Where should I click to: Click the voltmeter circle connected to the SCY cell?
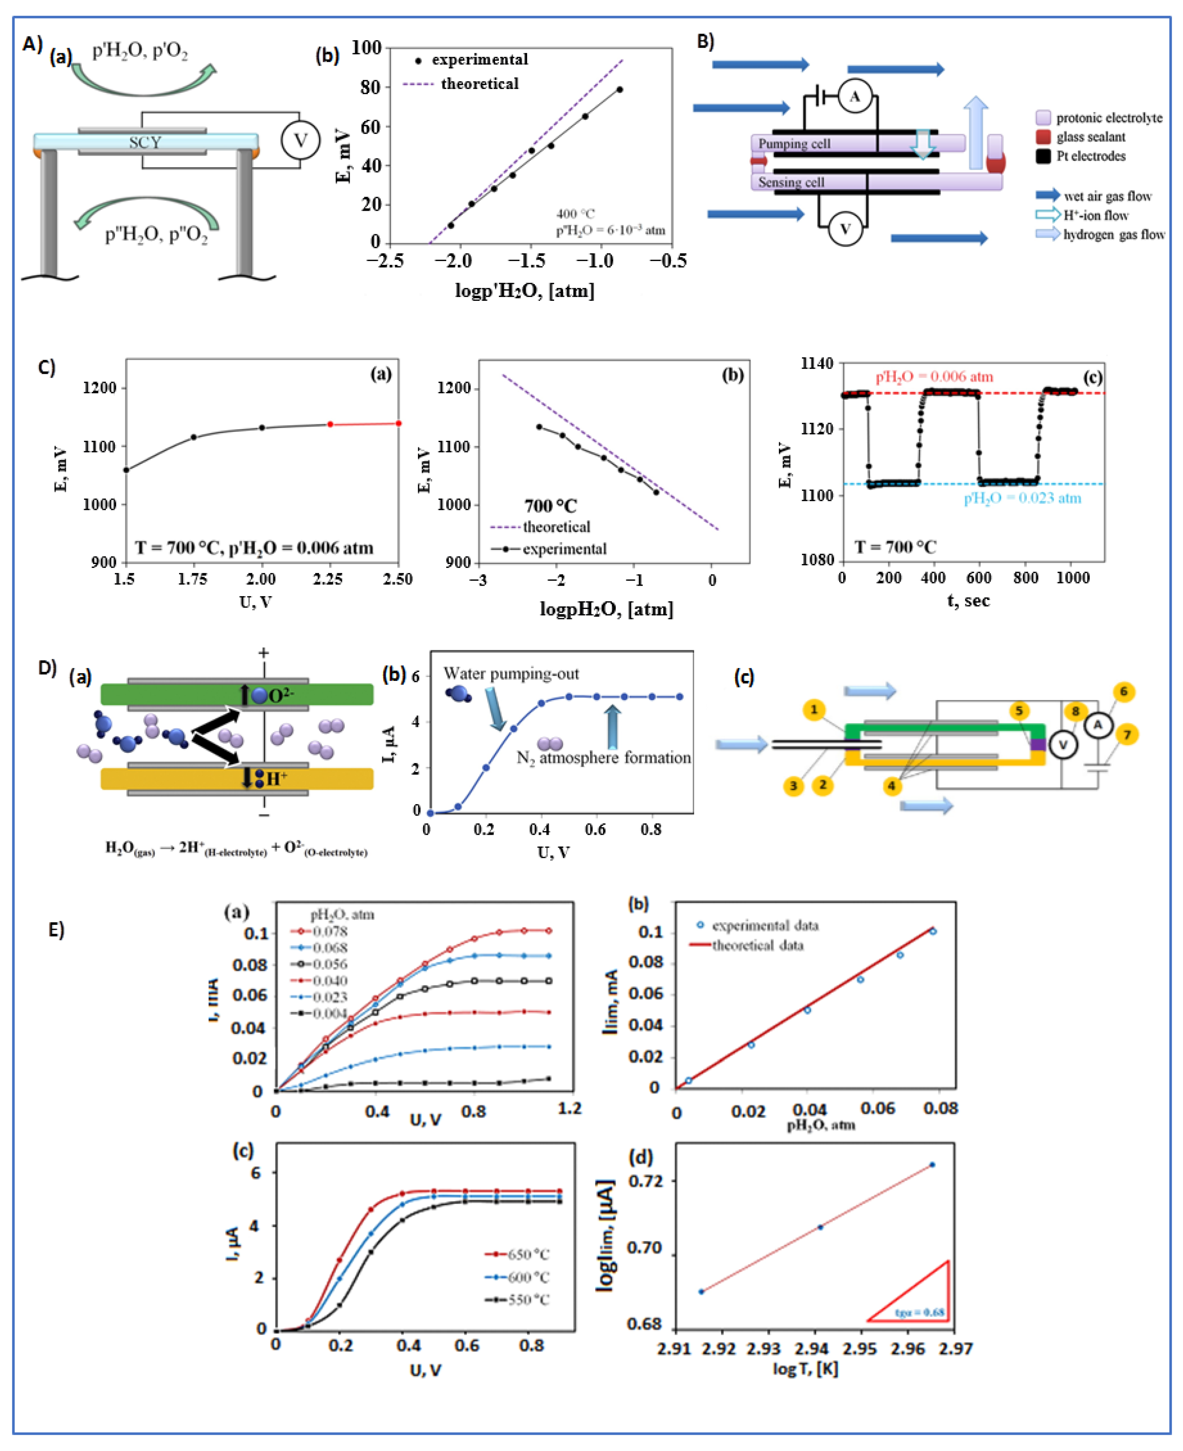300,140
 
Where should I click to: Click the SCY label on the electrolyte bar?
145,142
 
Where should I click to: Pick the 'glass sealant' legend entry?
1090,137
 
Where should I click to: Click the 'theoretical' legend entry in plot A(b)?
479,84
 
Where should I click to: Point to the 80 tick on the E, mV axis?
370,87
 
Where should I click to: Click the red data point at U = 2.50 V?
399,424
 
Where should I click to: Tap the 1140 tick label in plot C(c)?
816,363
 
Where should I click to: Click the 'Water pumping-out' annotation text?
511,674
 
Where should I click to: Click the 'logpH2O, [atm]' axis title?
606,609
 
